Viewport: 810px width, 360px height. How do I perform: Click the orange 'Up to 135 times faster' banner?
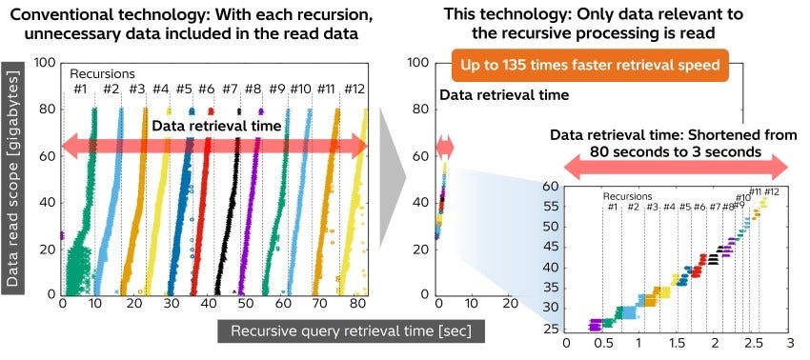coord(591,70)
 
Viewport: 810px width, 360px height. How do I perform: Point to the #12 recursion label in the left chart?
coord(354,89)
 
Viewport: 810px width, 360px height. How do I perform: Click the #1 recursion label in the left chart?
coord(81,89)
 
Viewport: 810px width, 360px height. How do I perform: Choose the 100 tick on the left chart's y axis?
coord(43,63)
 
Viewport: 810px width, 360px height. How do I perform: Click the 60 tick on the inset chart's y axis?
coord(552,186)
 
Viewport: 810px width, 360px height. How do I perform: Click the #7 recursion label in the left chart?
coord(230,89)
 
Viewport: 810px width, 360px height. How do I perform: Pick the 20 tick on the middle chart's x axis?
coord(510,305)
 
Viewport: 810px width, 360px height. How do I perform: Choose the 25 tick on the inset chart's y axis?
coord(552,328)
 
